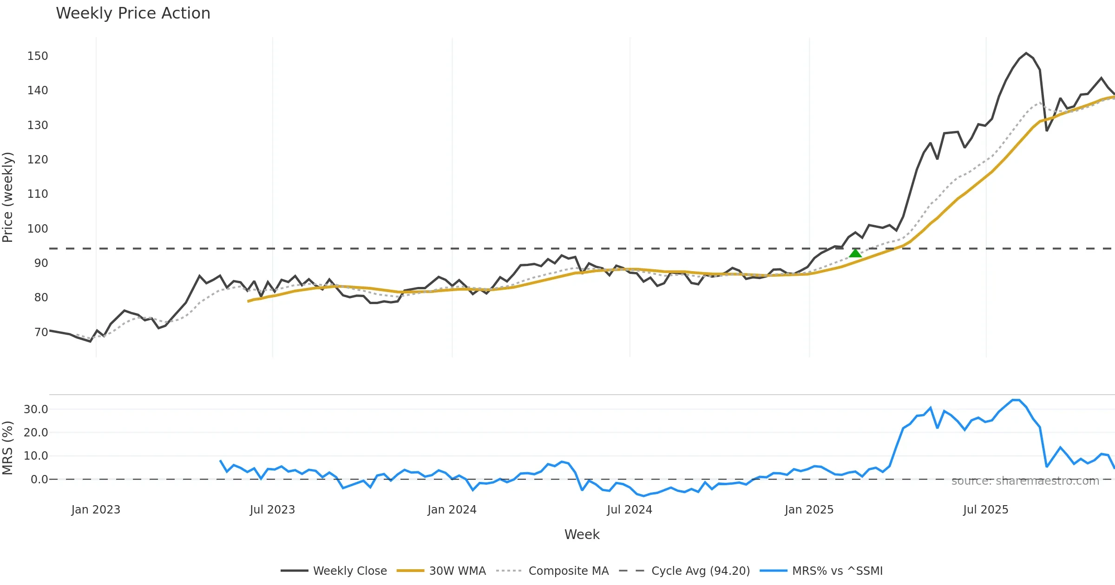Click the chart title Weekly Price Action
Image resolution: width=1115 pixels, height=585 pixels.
pos(133,13)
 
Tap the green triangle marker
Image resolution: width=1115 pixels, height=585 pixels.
pos(855,253)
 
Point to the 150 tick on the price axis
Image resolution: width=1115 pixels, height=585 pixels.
pos(38,56)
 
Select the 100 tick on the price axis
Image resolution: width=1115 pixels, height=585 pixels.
pos(38,229)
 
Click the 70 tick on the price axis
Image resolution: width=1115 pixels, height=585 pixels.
pos(41,332)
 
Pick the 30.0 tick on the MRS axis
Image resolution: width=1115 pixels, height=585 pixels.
pos(36,409)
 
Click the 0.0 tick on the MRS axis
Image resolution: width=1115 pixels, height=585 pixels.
pos(39,480)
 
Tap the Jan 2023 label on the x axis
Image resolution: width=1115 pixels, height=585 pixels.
pos(96,510)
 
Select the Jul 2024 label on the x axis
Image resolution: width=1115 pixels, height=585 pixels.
pos(630,510)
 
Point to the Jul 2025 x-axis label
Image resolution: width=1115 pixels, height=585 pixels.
pos(985,510)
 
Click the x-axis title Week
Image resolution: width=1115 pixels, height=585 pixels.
pos(582,535)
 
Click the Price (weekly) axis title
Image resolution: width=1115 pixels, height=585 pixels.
pos(8,197)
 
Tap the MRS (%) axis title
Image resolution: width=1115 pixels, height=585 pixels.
pos(8,448)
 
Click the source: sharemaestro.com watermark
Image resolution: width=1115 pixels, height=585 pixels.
pos(1025,481)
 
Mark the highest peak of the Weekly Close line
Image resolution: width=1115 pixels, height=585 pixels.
pos(1026,53)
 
